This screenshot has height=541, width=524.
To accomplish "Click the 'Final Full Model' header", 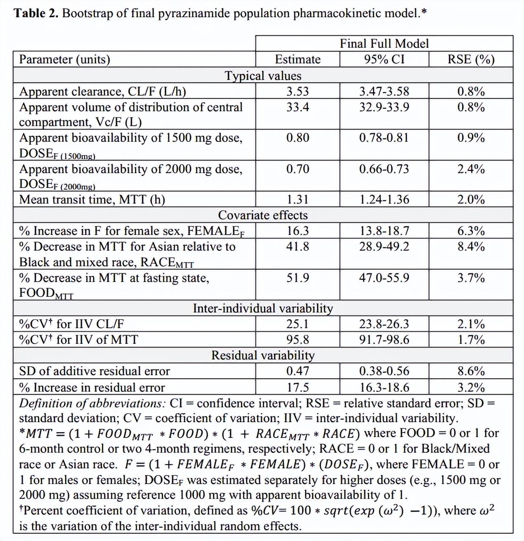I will [384, 44].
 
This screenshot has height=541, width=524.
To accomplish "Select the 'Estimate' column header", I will [297, 59].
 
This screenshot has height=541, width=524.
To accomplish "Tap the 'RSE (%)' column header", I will [471, 59].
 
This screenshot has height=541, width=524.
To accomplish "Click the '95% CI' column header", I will [384, 59].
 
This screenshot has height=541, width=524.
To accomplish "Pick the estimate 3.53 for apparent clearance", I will [297, 91].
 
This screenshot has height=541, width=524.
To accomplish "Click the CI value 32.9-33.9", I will [384, 107].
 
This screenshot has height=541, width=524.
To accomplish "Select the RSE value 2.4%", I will [471, 169].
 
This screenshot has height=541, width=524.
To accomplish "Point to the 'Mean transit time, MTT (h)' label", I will [92, 200].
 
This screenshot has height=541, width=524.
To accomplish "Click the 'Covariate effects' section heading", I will [263, 215].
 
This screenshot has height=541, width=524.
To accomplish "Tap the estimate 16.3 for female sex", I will [297, 231].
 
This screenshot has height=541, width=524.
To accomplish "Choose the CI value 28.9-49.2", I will [384, 247].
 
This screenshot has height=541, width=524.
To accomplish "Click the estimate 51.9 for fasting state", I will [297, 278].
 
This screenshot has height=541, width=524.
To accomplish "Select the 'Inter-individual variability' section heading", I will [263, 308].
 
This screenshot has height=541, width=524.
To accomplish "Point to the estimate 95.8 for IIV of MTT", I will [297, 340].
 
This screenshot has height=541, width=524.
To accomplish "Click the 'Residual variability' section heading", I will [263, 355].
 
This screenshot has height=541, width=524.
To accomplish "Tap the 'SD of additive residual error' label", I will [94, 371].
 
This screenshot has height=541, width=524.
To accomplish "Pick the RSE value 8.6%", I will [471, 371].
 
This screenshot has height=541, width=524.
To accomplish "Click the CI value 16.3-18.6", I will [384, 388].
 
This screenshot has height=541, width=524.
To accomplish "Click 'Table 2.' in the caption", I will [36, 14].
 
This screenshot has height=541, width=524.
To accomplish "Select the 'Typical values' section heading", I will [263, 76].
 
